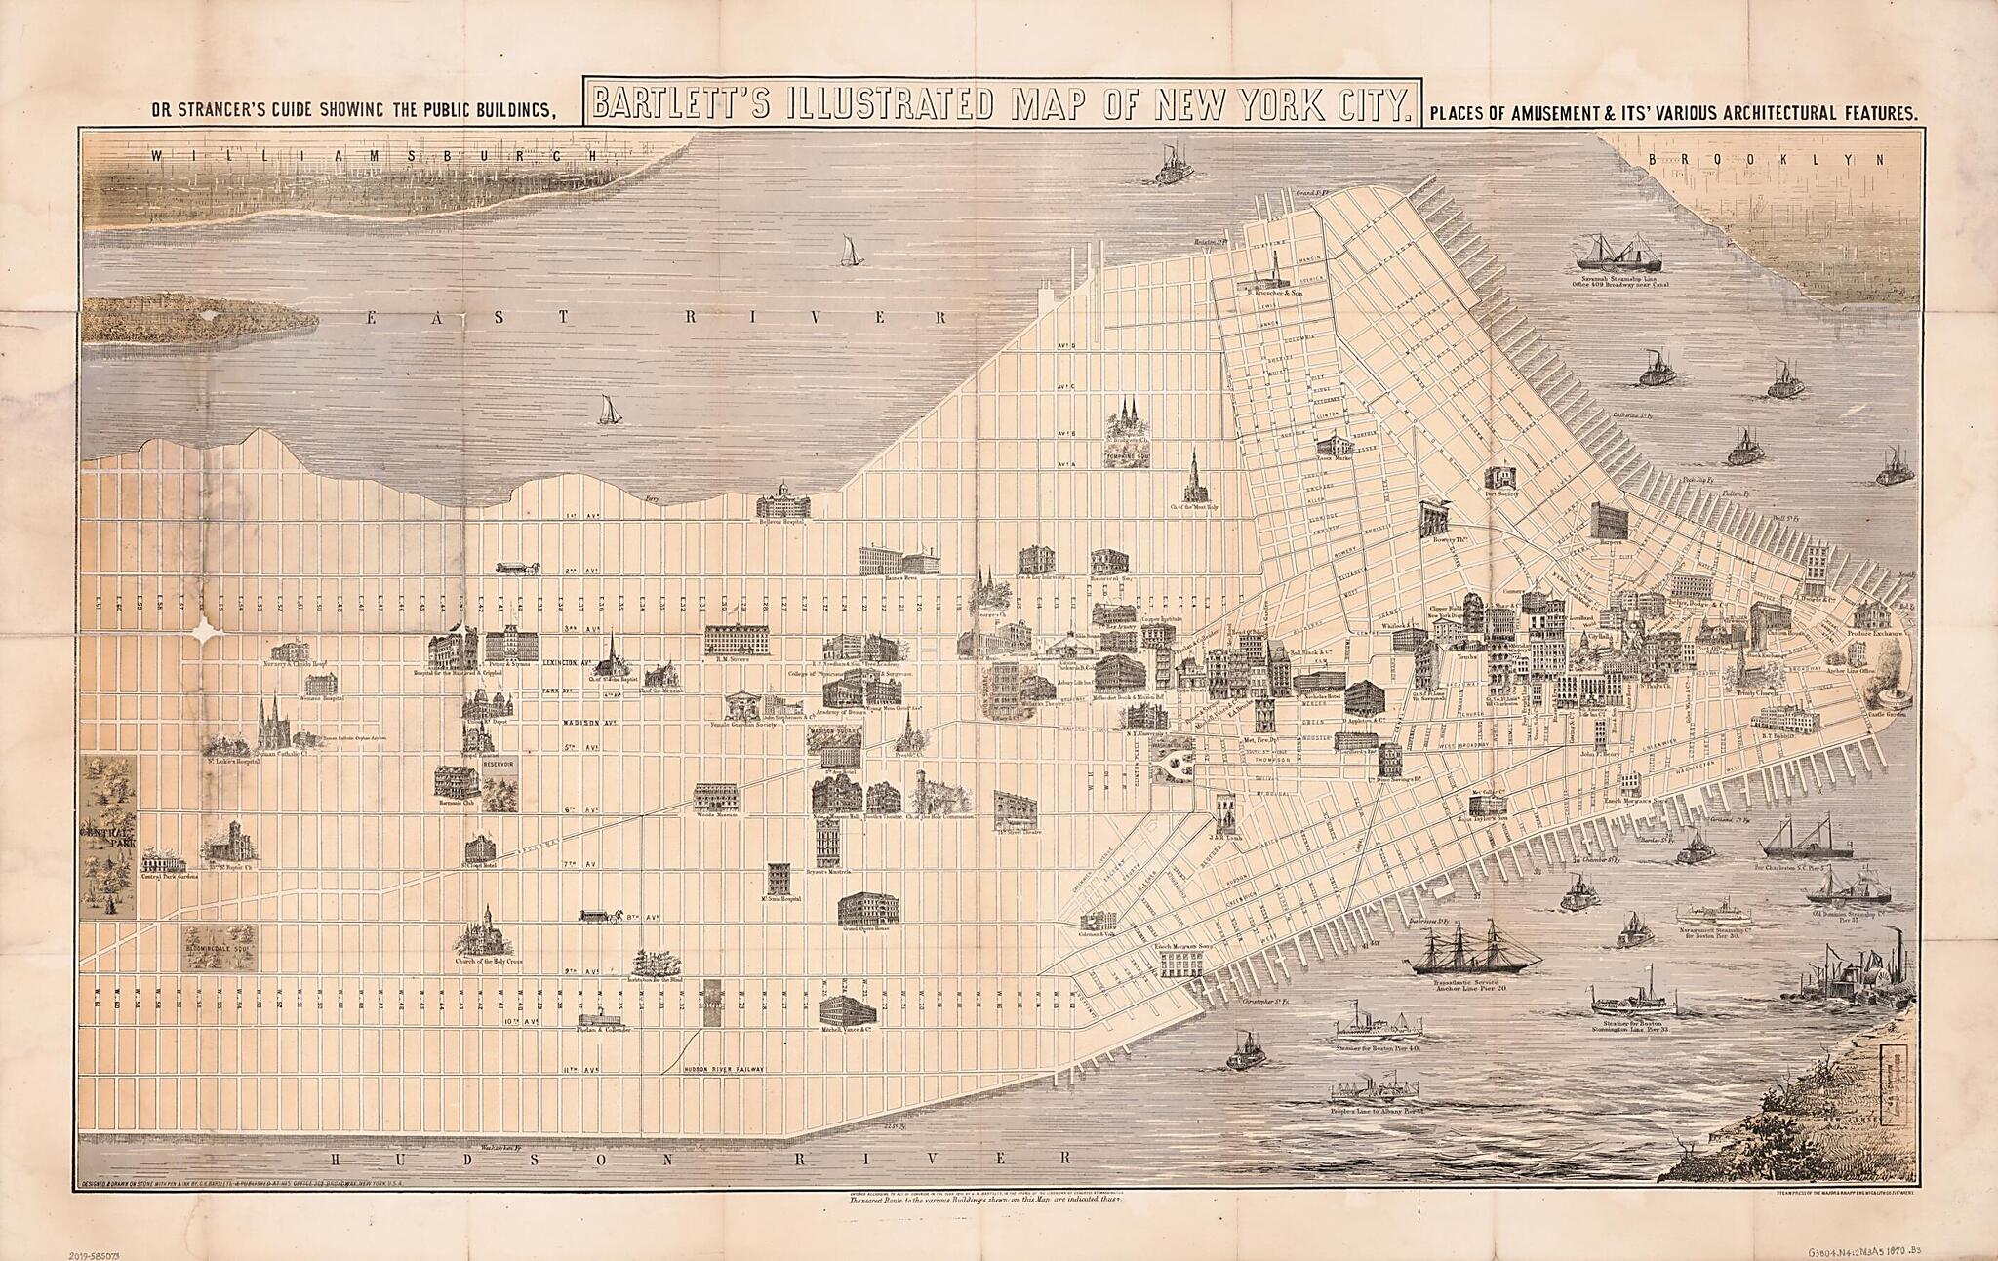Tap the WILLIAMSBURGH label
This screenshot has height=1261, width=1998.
pyautogui.click(x=371, y=155)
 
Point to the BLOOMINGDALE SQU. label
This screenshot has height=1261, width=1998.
pyautogui.click(x=220, y=946)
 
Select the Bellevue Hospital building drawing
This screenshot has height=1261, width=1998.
pyautogui.click(x=783, y=501)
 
